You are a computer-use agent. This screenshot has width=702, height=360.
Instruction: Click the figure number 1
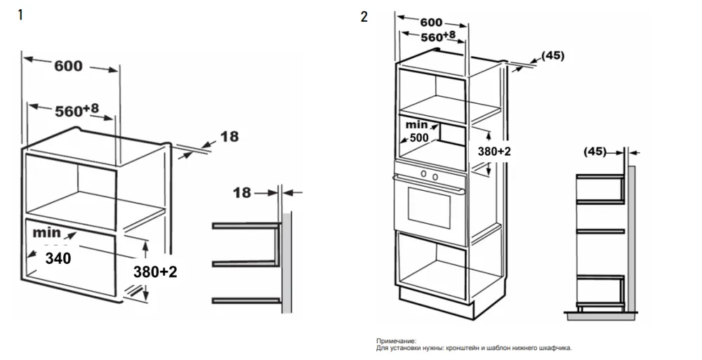(x=20, y=15)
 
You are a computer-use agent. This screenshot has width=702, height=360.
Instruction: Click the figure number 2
(x=364, y=16)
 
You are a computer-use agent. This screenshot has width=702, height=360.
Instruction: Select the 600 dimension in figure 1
(x=68, y=66)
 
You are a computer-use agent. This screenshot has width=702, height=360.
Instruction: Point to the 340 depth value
(x=58, y=258)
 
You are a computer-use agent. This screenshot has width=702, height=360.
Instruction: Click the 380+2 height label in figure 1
(x=154, y=272)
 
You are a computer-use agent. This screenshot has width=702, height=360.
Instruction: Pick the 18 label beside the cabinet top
(x=229, y=137)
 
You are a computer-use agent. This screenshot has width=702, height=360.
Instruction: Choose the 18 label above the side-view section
(x=241, y=192)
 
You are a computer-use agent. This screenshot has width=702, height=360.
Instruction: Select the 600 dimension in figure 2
(x=431, y=22)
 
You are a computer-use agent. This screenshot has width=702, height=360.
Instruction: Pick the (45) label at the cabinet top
(x=553, y=55)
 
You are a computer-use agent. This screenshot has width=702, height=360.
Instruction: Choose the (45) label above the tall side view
(x=595, y=151)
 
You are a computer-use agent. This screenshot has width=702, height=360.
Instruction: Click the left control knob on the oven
(x=423, y=174)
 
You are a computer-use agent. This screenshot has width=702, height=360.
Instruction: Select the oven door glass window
(x=429, y=211)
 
